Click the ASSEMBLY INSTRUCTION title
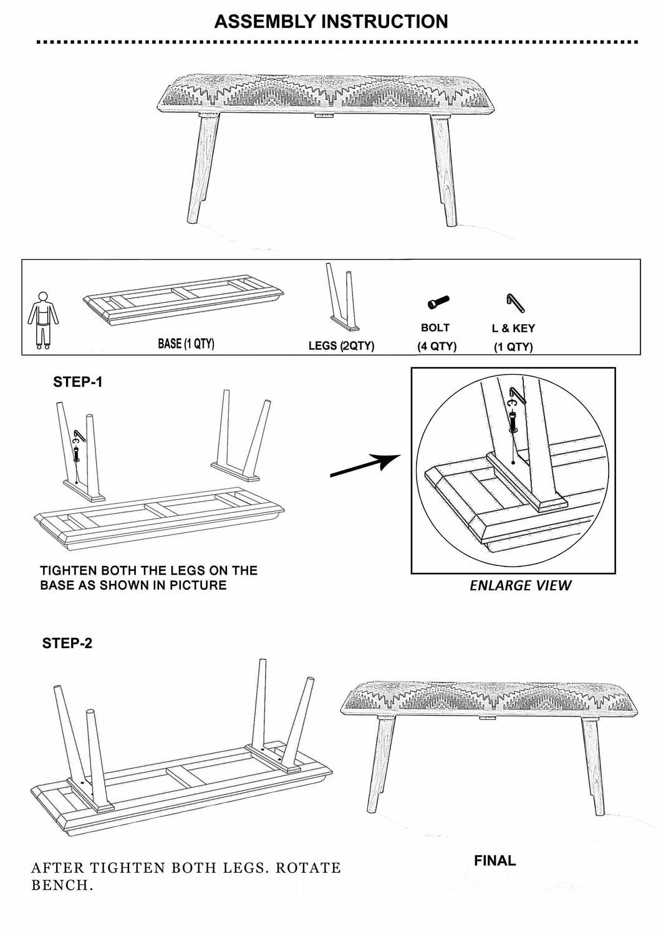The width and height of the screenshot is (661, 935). tap(330, 21)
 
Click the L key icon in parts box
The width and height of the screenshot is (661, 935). tap(515, 303)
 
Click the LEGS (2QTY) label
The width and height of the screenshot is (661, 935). tap(341, 346)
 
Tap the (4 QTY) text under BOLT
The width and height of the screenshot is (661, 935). tap(437, 347)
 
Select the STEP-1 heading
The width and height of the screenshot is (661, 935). tap(77, 382)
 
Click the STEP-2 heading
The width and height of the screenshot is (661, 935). tap(67, 643)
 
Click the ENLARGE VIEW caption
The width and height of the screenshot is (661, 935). tap(520, 585)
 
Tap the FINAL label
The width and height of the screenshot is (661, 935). tap(495, 861)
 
